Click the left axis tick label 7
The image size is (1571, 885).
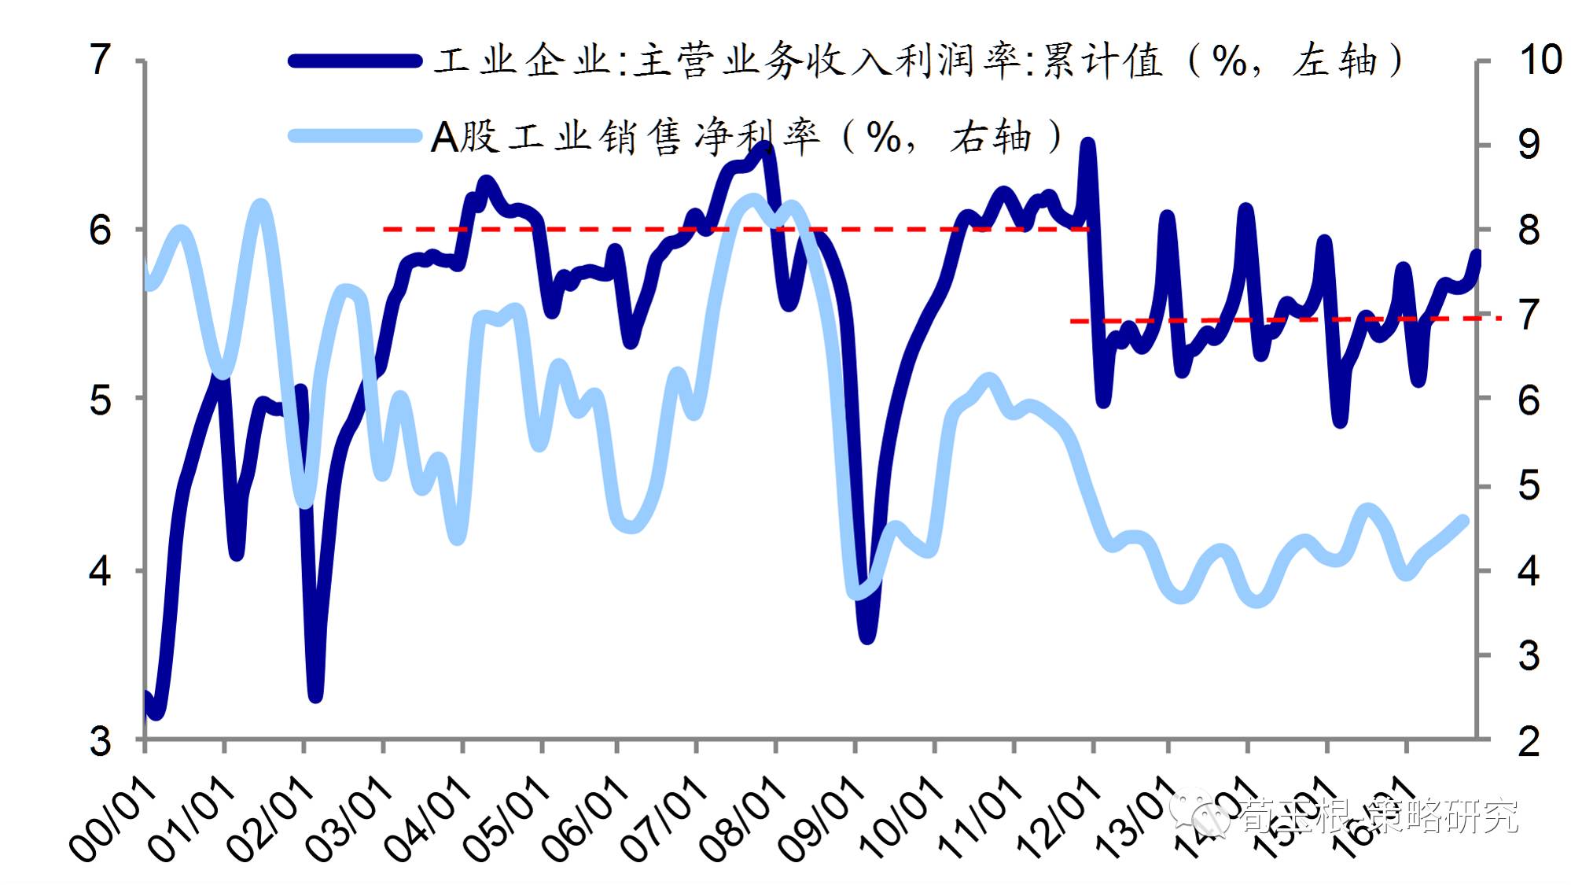coord(100,60)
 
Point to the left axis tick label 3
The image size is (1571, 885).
coord(100,740)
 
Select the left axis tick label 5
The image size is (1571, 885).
coord(100,400)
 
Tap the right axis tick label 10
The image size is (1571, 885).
coord(1540,60)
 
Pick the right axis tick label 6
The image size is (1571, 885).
coord(1529,400)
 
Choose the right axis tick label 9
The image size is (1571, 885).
coord(1529,145)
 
